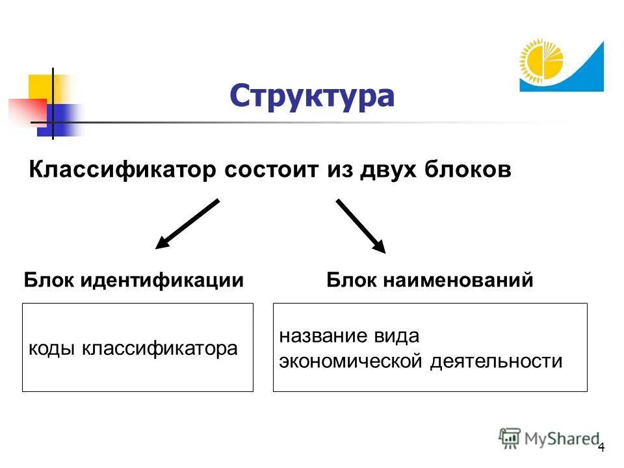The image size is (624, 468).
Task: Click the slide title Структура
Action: [311, 96]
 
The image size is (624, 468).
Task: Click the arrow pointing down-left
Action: [187, 224]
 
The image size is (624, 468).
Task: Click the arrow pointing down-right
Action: [361, 226]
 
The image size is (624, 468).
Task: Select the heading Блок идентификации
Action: [134, 280]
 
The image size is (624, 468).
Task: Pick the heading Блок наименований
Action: [430, 280]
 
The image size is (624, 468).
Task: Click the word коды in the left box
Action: [52, 349]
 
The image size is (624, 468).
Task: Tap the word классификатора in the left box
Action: [159, 349]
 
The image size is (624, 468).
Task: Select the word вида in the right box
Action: [397, 337]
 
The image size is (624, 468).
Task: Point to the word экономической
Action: [351, 361]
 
